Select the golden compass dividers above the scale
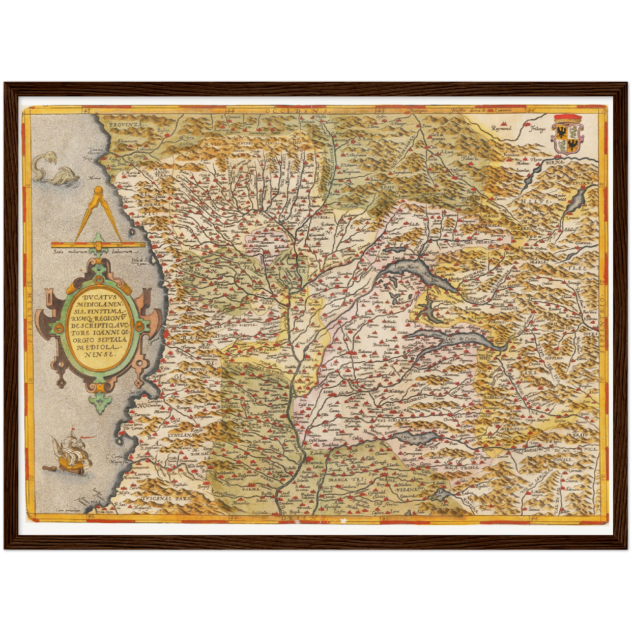[98, 214]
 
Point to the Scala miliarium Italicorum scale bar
[98, 244]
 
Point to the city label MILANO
[356, 357]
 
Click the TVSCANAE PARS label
[166, 498]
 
